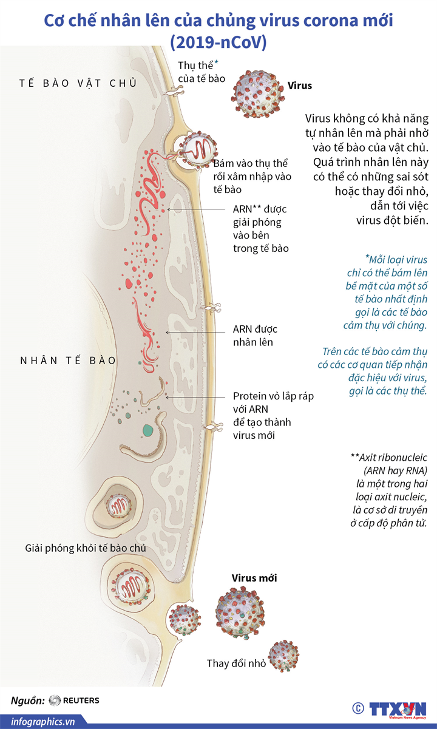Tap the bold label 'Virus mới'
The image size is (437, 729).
(x=254, y=578)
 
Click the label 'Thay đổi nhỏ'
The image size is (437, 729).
(x=236, y=663)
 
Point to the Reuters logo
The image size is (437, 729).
(x=73, y=700)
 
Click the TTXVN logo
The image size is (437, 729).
(x=397, y=708)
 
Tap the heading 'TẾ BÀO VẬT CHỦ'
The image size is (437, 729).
(x=78, y=83)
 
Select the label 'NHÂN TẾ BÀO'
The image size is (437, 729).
(x=67, y=360)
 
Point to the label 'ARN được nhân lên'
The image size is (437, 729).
(x=255, y=336)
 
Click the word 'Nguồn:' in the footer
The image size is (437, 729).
(x=27, y=700)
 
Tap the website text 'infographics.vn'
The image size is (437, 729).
(x=38, y=721)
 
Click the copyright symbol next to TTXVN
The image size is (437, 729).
(x=357, y=708)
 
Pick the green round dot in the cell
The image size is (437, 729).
(x=147, y=431)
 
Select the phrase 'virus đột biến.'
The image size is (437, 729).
(x=393, y=220)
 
